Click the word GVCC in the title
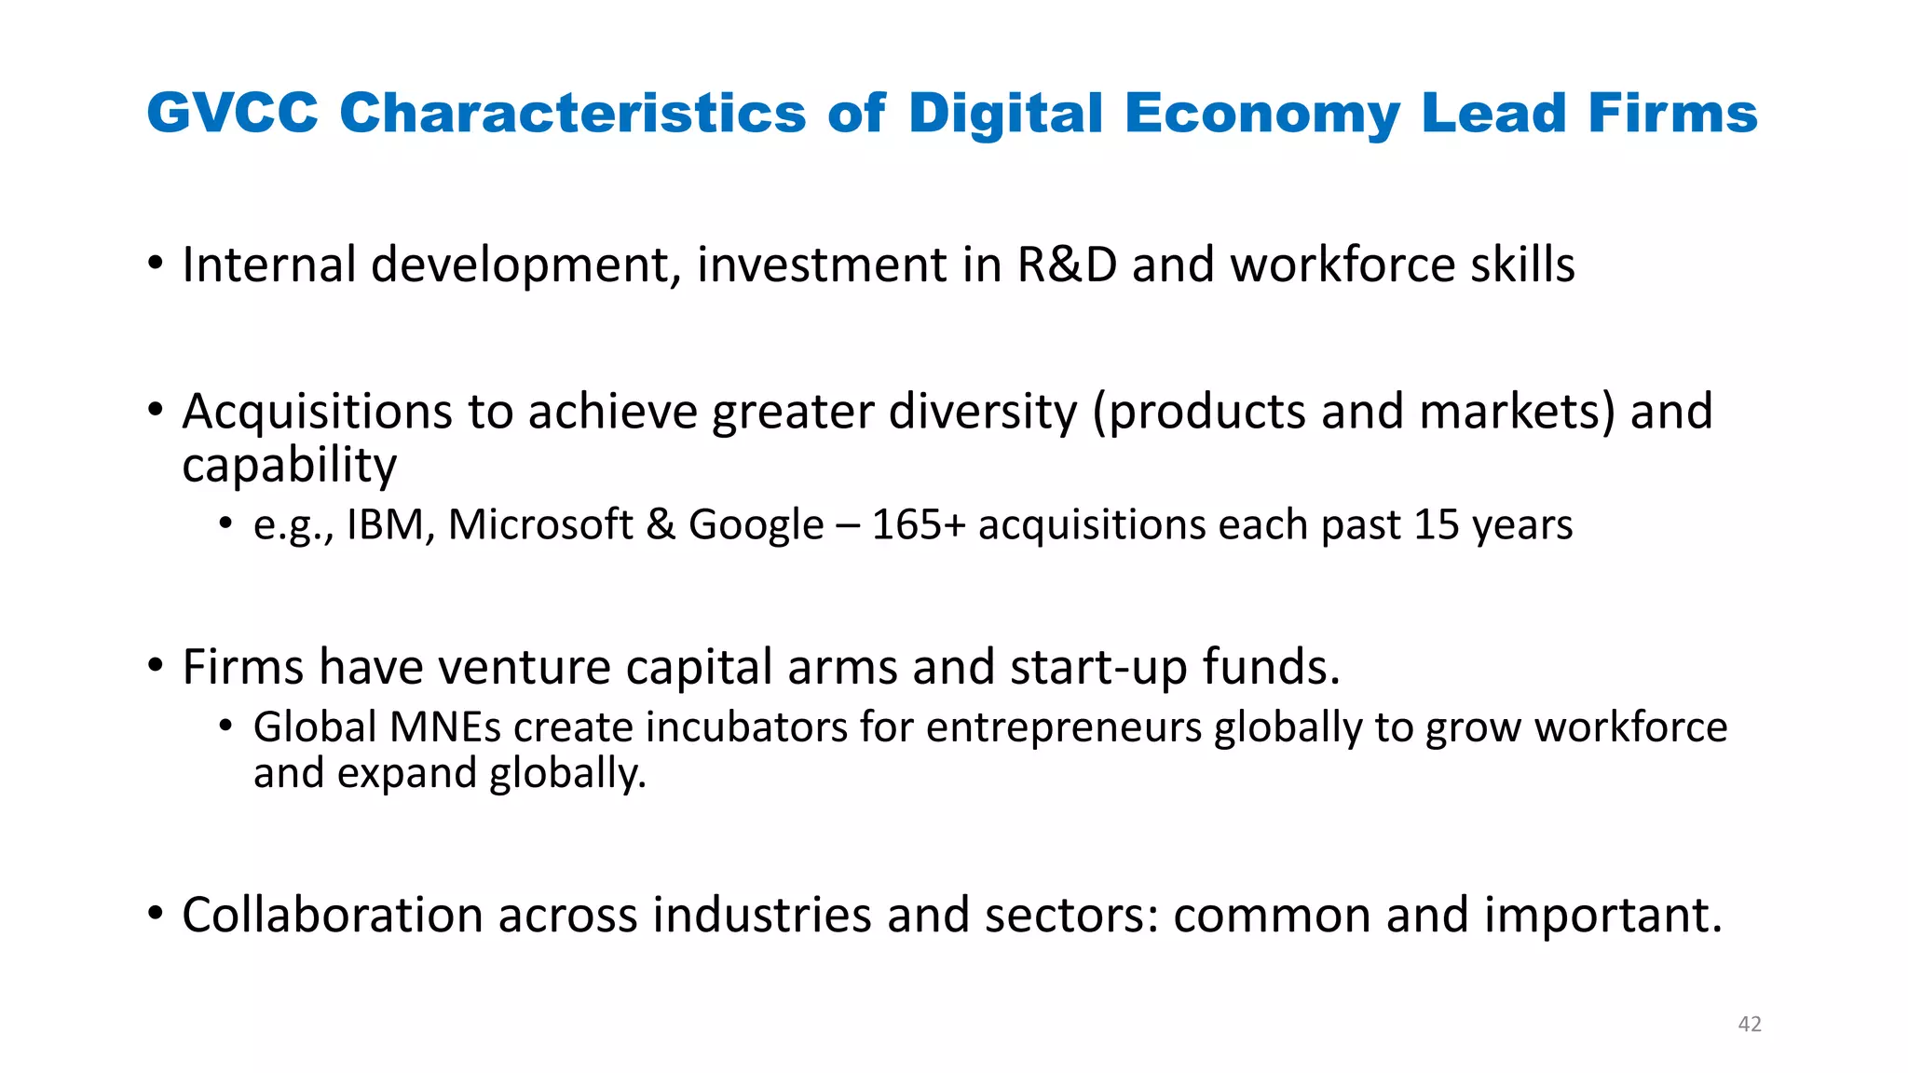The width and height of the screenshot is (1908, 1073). (x=232, y=114)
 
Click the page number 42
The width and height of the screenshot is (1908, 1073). (x=1750, y=1025)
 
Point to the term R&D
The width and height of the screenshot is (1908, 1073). (x=1066, y=265)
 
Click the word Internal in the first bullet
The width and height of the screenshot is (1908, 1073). (x=268, y=265)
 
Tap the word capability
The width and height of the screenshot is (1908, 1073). (x=289, y=466)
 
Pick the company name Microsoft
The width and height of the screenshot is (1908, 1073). (x=540, y=525)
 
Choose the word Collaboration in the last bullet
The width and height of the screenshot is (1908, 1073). (x=332, y=915)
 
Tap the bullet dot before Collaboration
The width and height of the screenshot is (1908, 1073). (x=156, y=914)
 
